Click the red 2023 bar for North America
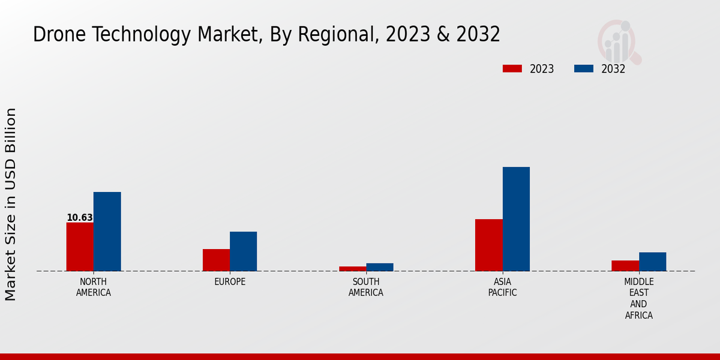point(80,247)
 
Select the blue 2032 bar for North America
point(107,232)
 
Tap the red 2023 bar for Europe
point(216,260)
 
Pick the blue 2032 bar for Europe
point(243,251)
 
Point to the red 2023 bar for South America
point(352,269)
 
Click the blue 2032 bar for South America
point(380,267)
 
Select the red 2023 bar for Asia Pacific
point(488,245)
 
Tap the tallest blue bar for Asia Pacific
point(516,219)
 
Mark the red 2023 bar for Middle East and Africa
point(625,266)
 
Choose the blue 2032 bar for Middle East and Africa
point(652,262)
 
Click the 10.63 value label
point(79,218)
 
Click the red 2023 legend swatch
point(512,69)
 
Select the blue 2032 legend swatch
point(583,69)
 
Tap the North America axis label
point(94,287)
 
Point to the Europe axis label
point(230,282)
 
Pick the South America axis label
point(366,287)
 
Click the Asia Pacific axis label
point(502,287)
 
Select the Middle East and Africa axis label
point(638,299)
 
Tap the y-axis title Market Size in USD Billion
point(11,204)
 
